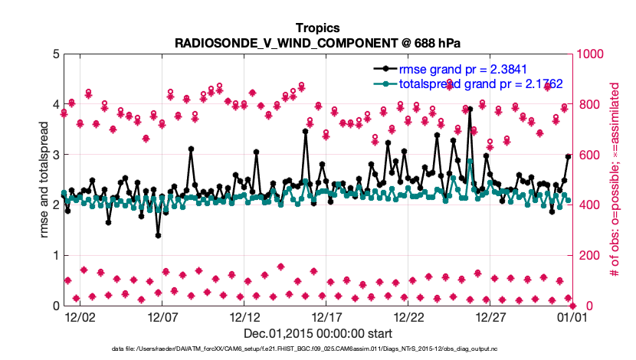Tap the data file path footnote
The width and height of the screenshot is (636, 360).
point(317,349)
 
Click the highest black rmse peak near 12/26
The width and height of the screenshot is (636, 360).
point(470,109)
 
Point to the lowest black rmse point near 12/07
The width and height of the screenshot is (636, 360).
point(158,235)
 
